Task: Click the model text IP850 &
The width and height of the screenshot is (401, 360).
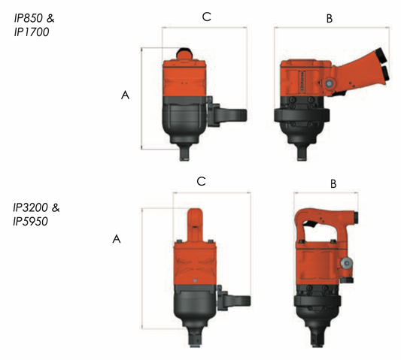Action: point(34,18)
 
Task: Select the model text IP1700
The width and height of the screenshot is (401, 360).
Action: point(31,32)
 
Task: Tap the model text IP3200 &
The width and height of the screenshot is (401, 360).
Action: point(36,207)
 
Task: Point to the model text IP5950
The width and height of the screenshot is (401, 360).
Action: point(30,221)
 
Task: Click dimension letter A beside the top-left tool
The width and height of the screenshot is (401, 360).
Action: point(125,95)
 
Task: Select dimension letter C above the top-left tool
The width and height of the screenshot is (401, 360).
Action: point(206,17)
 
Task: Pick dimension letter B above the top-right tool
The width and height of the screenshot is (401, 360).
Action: point(330,18)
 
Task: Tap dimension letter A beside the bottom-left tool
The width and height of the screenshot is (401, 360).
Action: point(117,239)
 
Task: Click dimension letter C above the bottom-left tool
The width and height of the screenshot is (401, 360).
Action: point(202,181)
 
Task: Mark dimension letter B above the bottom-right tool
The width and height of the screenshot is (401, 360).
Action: point(333,184)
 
